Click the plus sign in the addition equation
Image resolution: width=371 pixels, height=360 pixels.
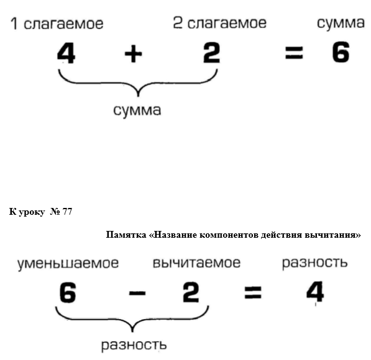133,54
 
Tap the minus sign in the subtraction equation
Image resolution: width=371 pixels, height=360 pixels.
137,294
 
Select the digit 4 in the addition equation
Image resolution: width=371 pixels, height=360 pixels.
66,53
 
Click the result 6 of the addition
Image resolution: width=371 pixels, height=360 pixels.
341,52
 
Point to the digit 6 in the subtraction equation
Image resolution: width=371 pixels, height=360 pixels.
68,292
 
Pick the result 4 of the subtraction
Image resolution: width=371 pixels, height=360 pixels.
315,292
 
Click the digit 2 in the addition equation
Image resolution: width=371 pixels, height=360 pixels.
211,53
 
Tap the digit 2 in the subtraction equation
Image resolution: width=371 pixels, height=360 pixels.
191,292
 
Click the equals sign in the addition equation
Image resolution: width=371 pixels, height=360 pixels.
294,53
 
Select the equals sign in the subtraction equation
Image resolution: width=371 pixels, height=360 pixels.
253,292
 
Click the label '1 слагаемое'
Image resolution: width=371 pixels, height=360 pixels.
57,24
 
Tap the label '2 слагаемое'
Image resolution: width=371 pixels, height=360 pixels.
220,23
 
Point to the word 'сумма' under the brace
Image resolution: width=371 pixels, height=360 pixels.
137,110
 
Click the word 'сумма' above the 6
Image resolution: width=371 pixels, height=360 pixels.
341,24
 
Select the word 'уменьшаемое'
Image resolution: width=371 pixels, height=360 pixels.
68,264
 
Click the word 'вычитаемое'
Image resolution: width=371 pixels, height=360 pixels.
196,263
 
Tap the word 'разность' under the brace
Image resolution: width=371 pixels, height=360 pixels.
134,345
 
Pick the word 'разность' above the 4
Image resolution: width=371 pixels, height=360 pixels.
315,263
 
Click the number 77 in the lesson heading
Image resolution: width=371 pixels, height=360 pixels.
67,212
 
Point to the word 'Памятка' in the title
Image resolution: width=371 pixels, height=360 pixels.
126,235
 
